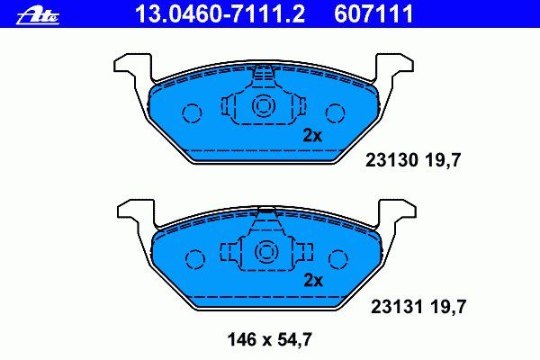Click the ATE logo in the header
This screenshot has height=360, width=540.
[38, 16]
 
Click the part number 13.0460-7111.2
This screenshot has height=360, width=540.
[220, 14]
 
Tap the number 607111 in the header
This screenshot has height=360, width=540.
[373, 14]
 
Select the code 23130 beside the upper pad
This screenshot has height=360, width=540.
[391, 160]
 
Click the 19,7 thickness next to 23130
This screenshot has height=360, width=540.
[443, 160]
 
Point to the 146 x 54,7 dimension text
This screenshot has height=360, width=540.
[270, 339]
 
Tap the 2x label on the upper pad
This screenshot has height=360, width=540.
[312, 136]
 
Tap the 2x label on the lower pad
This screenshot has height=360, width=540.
[313, 281]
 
